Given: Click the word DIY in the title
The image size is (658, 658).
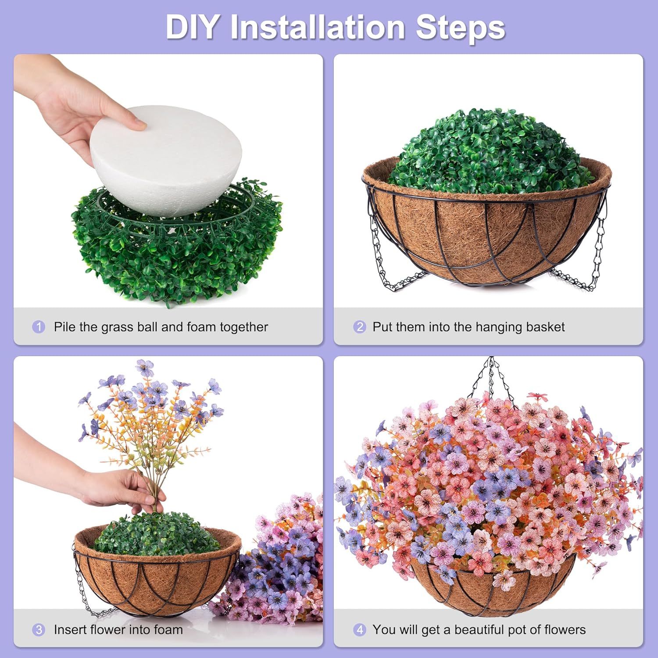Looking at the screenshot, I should pyautogui.click(x=192, y=27).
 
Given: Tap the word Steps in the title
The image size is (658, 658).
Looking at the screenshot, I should pyautogui.click(x=460, y=27).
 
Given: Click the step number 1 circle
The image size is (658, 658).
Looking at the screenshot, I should pyautogui.click(x=39, y=327).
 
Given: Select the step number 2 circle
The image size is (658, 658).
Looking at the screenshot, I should pyautogui.click(x=359, y=327).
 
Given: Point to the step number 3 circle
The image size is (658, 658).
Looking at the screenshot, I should pyautogui.click(x=39, y=630).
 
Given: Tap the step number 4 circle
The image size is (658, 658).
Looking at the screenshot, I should pyautogui.click(x=359, y=630).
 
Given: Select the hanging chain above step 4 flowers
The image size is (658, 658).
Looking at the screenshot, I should pyautogui.click(x=491, y=377).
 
